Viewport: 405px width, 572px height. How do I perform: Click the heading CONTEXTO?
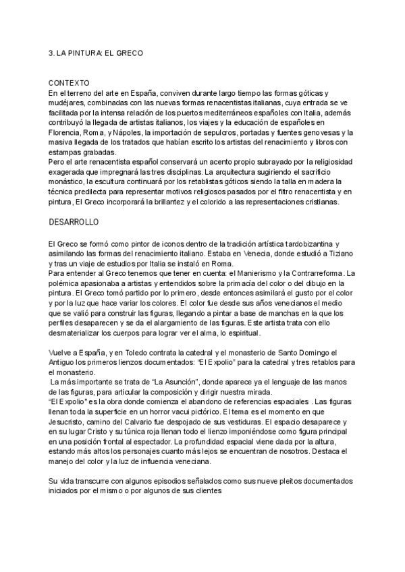coord(70,82)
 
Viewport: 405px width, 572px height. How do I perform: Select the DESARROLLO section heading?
coord(74,221)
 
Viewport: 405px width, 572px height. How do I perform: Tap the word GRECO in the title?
coord(128,52)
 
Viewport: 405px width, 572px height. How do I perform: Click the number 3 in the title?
coord(51,52)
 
